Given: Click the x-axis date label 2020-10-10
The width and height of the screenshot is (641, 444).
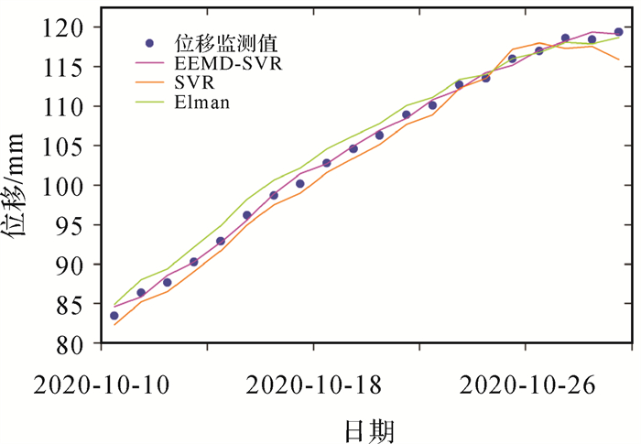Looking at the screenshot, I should [x=102, y=384].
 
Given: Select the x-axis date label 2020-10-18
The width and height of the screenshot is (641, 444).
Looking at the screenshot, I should [x=314, y=384].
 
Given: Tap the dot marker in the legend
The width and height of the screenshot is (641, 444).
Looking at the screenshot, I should [x=149, y=43].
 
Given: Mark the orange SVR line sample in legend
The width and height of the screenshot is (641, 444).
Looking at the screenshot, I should [x=150, y=82].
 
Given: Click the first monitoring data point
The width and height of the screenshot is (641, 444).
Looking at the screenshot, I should [x=114, y=316].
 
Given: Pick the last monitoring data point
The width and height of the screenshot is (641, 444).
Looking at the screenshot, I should [x=618, y=32].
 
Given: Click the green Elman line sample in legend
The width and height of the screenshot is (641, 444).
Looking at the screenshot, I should [x=150, y=102].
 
